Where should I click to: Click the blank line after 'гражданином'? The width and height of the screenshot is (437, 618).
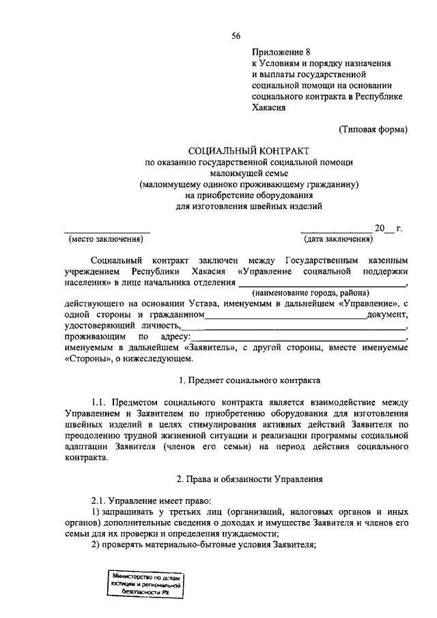click(285, 315)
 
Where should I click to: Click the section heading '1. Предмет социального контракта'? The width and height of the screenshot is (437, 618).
click(249, 380)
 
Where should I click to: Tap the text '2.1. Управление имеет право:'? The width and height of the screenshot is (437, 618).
click(144, 500)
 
